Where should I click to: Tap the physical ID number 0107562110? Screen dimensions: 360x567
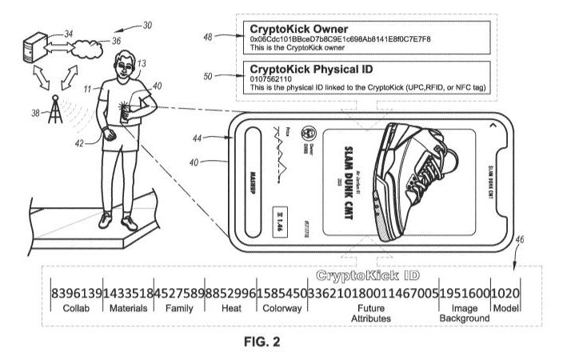coord(274,79)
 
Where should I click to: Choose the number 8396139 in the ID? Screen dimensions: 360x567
coord(76,292)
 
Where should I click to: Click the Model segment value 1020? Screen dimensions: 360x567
coord(505,292)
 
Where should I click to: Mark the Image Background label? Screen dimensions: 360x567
coord(464,312)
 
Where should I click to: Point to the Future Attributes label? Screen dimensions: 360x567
coord(373,312)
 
